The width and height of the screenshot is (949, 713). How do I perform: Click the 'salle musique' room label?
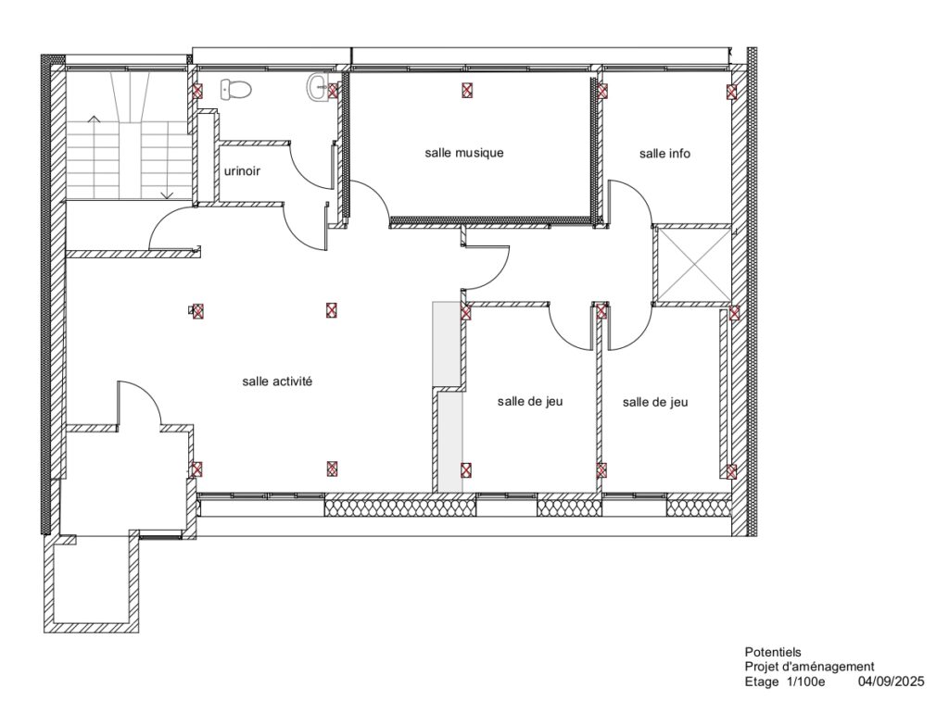pyautogui.click(x=463, y=153)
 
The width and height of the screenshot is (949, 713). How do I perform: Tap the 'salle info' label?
pyautogui.click(x=664, y=154)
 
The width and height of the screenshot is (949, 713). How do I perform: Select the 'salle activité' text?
pyautogui.click(x=277, y=382)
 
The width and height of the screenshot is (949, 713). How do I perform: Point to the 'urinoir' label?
pyautogui.click(x=242, y=171)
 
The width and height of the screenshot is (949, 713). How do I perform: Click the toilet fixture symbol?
pyautogui.click(x=235, y=90)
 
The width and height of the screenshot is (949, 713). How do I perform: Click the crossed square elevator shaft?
pyautogui.click(x=693, y=264)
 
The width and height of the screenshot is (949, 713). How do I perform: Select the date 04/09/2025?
pyautogui.click(x=891, y=682)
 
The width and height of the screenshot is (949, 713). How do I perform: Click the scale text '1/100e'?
pyautogui.click(x=805, y=682)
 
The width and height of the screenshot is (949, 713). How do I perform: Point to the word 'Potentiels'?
pyautogui.click(x=773, y=652)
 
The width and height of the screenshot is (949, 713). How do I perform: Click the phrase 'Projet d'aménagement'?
pyautogui.click(x=809, y=667)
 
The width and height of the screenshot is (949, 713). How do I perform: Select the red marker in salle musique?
pyautogui.click(x=467, y=91)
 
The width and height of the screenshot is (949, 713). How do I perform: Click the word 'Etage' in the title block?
pyautogui.click(x=762, y=682)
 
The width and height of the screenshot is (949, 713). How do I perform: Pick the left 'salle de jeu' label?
pyautogui.click(x=530, y=402)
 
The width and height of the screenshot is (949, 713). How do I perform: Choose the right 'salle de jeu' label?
pyautogui.click(x=655, y=402)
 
